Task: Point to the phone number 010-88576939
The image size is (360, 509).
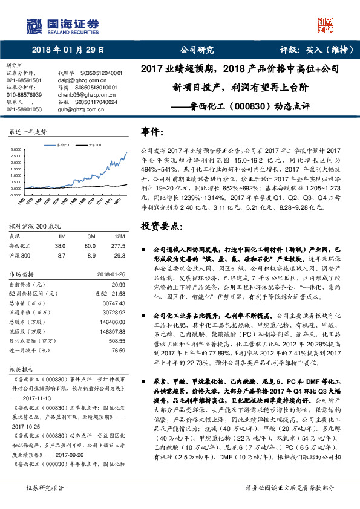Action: pyautogui.click(x=24, y=95)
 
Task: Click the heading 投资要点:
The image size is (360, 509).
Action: pyautogui.click(x=162, y=226)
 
